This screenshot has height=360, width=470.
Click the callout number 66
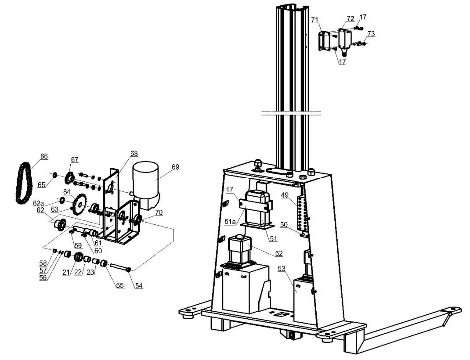point(44,156)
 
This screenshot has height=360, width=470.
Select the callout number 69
point(176,167)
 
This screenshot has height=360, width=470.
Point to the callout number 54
point(139,286)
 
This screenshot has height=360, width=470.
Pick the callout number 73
point(371,34)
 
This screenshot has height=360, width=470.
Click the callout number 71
point(315,20)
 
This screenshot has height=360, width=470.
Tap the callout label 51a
point(231,222)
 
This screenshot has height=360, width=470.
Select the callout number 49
point(285,195)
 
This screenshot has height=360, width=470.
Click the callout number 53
point(282,269)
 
